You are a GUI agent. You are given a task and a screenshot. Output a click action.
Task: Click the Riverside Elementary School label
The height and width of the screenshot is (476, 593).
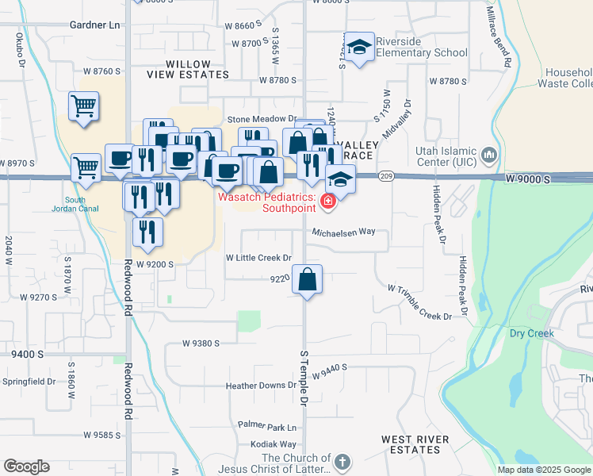(x=422, y=47)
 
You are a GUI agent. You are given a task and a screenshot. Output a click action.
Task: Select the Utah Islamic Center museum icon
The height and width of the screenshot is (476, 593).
(x=488, y=153)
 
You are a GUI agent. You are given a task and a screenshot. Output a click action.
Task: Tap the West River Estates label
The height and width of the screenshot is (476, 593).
(x=415, y=444)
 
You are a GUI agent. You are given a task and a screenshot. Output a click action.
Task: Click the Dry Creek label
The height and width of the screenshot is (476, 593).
(x=531, y=333)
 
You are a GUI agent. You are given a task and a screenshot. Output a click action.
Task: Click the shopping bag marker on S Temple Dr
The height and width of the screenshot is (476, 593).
(x=308, y=280)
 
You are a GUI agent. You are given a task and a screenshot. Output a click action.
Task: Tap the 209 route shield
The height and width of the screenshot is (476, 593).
(x=386, y=175)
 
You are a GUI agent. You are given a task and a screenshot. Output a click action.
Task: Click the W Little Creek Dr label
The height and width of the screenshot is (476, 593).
(x=259, y=258)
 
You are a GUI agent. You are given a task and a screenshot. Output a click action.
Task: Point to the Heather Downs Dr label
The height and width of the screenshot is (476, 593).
(x=261, y=386)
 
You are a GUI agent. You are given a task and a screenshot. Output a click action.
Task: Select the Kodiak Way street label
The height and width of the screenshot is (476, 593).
(x=273, y=444)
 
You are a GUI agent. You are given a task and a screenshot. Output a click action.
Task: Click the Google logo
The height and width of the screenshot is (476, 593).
(x=26, y=466)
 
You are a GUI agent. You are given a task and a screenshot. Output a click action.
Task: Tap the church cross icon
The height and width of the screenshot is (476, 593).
(x=342, y=461)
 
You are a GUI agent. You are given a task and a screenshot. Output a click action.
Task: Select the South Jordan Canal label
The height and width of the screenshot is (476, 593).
(x=75, y=204)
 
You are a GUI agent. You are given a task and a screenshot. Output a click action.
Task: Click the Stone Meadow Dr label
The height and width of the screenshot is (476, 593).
(x=262, y=118)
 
